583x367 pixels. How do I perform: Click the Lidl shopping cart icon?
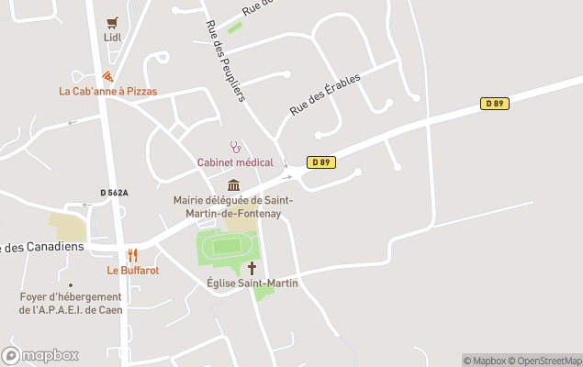[x=112, y=23]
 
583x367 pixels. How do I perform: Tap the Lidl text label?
[x=112, y=38]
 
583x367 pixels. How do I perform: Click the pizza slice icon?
[x=107, y=76]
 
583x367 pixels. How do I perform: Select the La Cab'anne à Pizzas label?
[x=107, y=91]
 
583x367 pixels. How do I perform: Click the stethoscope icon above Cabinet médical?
[x=235, y=147]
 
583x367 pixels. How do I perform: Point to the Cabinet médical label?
[x=235, y=162]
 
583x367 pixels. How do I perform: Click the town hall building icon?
[x=233, y=185]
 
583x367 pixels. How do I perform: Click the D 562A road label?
[x=114, y=193]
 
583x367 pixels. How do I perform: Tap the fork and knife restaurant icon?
[x=132, y=255]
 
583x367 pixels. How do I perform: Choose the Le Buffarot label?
[x=133, y=271]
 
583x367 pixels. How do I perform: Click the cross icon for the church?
[x=252, y=268]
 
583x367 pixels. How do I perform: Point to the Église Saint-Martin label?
[x=252, y=284]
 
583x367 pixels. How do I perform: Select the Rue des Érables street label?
[x=325, y=95]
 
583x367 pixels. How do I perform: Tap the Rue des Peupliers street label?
[x=225, y=60]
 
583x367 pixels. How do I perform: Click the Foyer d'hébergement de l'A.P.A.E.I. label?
[x=71, y=303]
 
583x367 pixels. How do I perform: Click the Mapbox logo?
[x=41, y=355]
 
